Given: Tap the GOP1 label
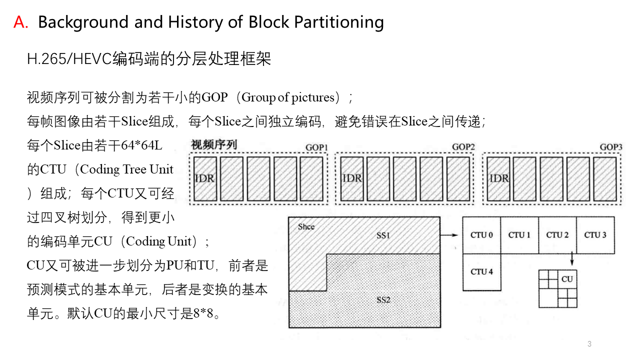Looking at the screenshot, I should (x=316, y=147).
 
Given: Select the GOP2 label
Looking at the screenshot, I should (x=463, y=147).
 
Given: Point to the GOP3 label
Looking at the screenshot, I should (x=611, y=147).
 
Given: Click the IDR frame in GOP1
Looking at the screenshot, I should (x=205, y=178).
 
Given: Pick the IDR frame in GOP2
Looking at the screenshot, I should (x=352, y=178).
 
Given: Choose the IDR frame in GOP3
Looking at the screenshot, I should (x=499, y=178).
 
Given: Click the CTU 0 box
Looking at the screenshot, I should (x=481, y=235).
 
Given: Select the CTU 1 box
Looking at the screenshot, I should (x=519, y=235).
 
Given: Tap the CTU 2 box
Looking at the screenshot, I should (x=557, y=235).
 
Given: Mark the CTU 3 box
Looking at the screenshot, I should (x=595, y=235).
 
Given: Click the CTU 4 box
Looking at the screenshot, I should (x=481, y=272).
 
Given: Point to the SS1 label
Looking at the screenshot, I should (x=383, y=235).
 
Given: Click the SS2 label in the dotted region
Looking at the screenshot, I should (x=383, y=300).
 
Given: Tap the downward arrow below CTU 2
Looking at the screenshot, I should (x=571, y=259).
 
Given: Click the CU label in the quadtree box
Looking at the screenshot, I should (x=567, y=279).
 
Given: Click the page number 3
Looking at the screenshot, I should (x=589, y=344).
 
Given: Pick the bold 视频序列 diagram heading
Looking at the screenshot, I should (x=214, y=145).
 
